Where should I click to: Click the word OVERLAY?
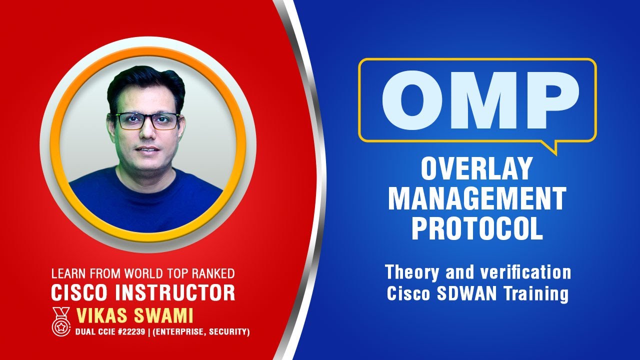(476, 168)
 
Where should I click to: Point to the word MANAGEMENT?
(477, 198)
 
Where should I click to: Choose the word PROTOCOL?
(477, 228)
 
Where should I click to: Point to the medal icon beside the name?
(61, 320)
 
